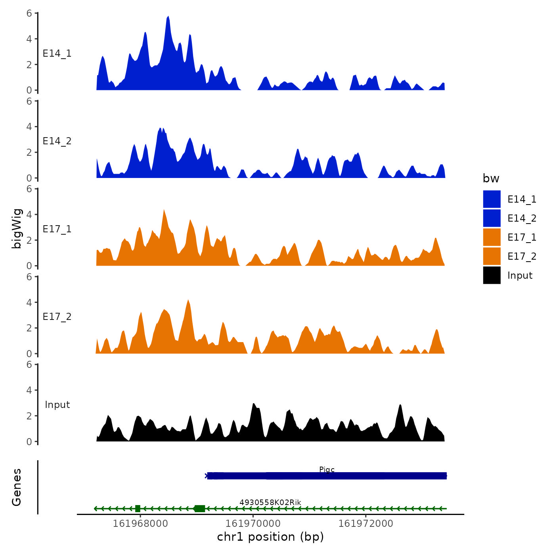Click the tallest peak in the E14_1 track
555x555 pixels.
(x=168, y=17)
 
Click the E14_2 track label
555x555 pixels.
(x=57, y=141)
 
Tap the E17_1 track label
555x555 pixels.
(x=57, y=229)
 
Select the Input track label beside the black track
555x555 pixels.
(x=57, y=405)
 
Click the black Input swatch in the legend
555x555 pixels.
(x=492, y=275)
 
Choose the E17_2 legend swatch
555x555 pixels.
(x=492, y=256)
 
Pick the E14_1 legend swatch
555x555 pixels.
(x=492, y=199)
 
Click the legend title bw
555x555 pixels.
(x=491, y=178)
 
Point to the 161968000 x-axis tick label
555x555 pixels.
(x=140, y=524)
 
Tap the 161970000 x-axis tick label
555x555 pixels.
(x=253, y=524)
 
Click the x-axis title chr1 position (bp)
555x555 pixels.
(x=270, y=537)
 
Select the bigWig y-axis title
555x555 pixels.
(x=17, y=228)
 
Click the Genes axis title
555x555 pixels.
(x=17, y=487)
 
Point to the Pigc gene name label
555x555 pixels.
(x=327, y=470)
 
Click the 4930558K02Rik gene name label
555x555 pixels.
(x=270, y=503)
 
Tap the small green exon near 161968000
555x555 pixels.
(x=138, y=509)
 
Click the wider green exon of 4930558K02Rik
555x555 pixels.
(x=200, y=509)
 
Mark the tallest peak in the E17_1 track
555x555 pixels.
(x=164, y=211)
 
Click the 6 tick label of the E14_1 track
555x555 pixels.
(x=29, y=13)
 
